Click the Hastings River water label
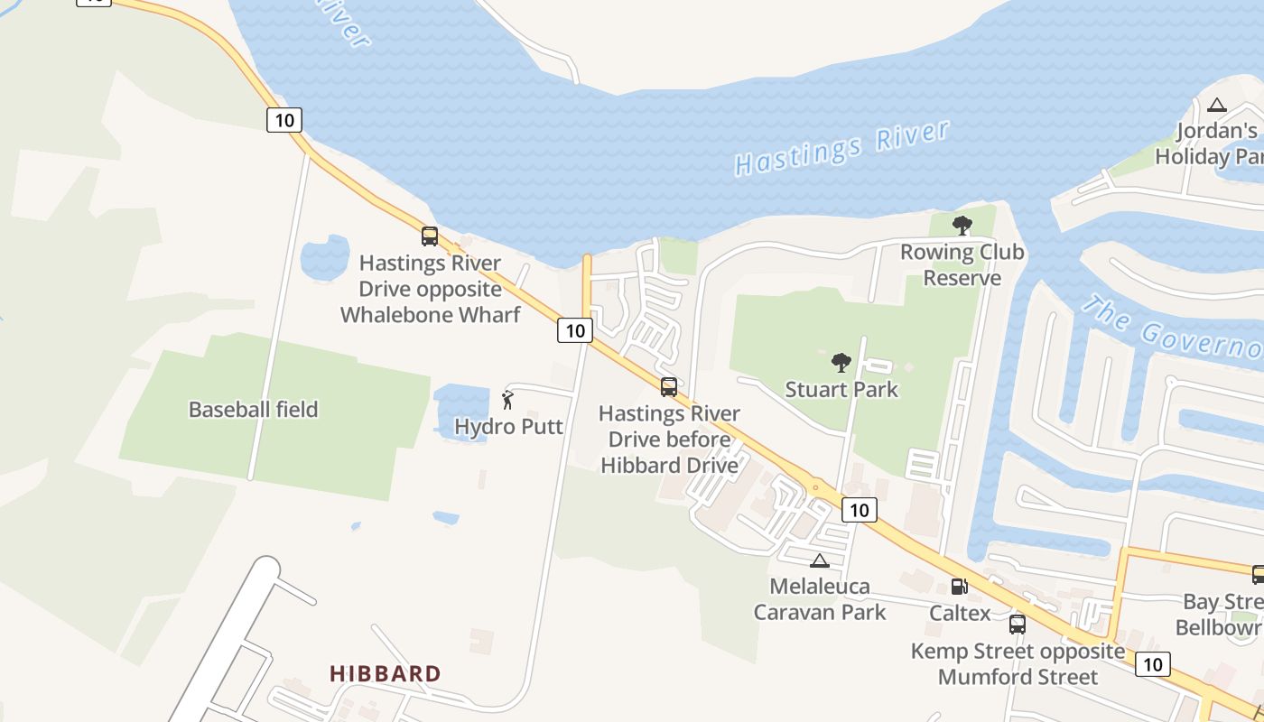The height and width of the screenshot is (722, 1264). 841,147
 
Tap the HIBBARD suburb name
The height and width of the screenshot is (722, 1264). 386,673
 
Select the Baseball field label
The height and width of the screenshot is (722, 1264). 253,410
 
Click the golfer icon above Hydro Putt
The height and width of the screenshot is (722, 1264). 507,398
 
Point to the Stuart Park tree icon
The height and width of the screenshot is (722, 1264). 841,363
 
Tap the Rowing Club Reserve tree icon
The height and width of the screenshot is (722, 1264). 962,226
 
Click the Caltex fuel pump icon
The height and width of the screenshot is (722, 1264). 959,587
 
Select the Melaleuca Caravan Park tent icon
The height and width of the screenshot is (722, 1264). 819,560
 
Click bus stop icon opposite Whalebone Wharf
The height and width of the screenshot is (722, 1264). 430,236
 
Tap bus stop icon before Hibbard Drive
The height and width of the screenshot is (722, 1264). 668,387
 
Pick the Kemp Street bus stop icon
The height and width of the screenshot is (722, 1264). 1018,624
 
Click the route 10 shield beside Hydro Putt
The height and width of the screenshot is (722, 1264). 574,330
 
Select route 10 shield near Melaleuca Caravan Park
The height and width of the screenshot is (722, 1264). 859,510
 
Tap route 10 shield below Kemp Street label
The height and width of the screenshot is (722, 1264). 1152,664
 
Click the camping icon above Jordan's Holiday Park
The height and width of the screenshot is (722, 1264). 1217,105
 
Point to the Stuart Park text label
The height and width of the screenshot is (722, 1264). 841,390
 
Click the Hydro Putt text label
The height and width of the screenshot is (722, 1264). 508,427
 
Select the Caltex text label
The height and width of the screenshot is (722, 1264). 960,613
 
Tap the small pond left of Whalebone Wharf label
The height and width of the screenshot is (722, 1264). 324,258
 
